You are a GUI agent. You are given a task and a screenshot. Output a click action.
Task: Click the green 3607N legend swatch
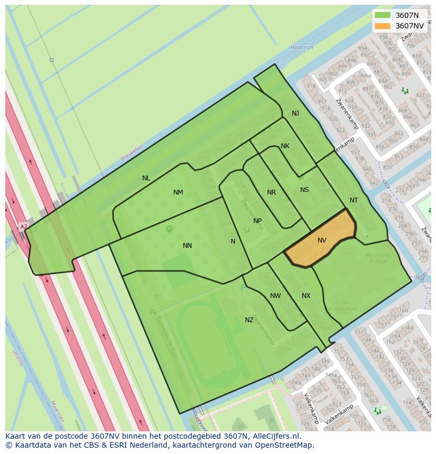pos(383,15)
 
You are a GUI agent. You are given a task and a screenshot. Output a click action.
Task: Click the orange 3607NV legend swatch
pos(383,26)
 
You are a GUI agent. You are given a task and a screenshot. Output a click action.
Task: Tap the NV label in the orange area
pos(322,240)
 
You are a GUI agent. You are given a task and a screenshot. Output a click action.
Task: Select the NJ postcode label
pos(295,113)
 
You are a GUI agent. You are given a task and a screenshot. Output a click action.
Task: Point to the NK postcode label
pos(285,146)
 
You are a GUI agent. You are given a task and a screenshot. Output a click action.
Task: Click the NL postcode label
pos(146,178)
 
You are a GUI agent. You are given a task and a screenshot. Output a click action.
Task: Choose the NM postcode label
pos(178,192)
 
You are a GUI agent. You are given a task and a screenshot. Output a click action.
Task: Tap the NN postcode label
pos(187,246)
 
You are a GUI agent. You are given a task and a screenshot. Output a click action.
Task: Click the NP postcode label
pos(257,221)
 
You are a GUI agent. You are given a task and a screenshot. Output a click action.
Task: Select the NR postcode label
pos(271,192)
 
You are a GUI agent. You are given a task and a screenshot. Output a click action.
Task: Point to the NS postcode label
pos(304,190)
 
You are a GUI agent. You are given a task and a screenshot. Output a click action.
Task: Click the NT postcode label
pos(354,200)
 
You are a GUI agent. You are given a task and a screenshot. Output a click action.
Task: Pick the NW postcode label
pos(275,296)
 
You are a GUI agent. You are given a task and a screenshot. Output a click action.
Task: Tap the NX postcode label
pos(306,296)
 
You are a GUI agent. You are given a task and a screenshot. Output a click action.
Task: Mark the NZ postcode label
pos(249,320)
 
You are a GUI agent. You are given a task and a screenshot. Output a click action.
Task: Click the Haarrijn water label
pos(301,47)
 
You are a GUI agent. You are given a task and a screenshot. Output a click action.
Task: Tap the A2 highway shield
pos(24,227)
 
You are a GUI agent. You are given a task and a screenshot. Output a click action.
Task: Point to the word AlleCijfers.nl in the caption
pos(275,436)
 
